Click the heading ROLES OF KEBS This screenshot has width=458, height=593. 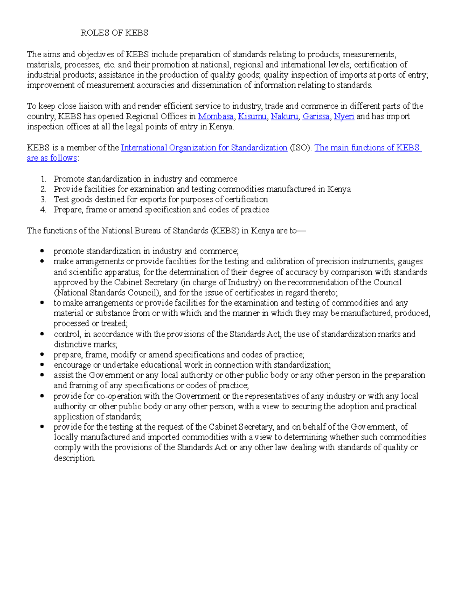click(x=114, y=33)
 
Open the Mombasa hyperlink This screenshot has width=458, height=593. click(x=216, y=116)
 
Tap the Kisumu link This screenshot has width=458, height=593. click(x=252, y=116)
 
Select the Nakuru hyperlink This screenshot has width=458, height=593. click(x=284, y=116)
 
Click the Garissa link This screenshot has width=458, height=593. click(x=316, y=116)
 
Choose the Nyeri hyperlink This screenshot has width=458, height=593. click(x=344, y=116)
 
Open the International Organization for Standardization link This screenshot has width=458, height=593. click(x=204, y=148)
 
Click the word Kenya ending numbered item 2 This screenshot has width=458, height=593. click(x=339, y=189)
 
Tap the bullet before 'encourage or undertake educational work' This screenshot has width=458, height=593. click(x=42, y=365)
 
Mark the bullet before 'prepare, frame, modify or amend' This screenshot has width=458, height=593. click(x=42, y=355)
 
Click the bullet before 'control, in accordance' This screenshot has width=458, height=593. click(x=42, y=334)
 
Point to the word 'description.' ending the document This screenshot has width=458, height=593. click(x=74, y=458)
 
